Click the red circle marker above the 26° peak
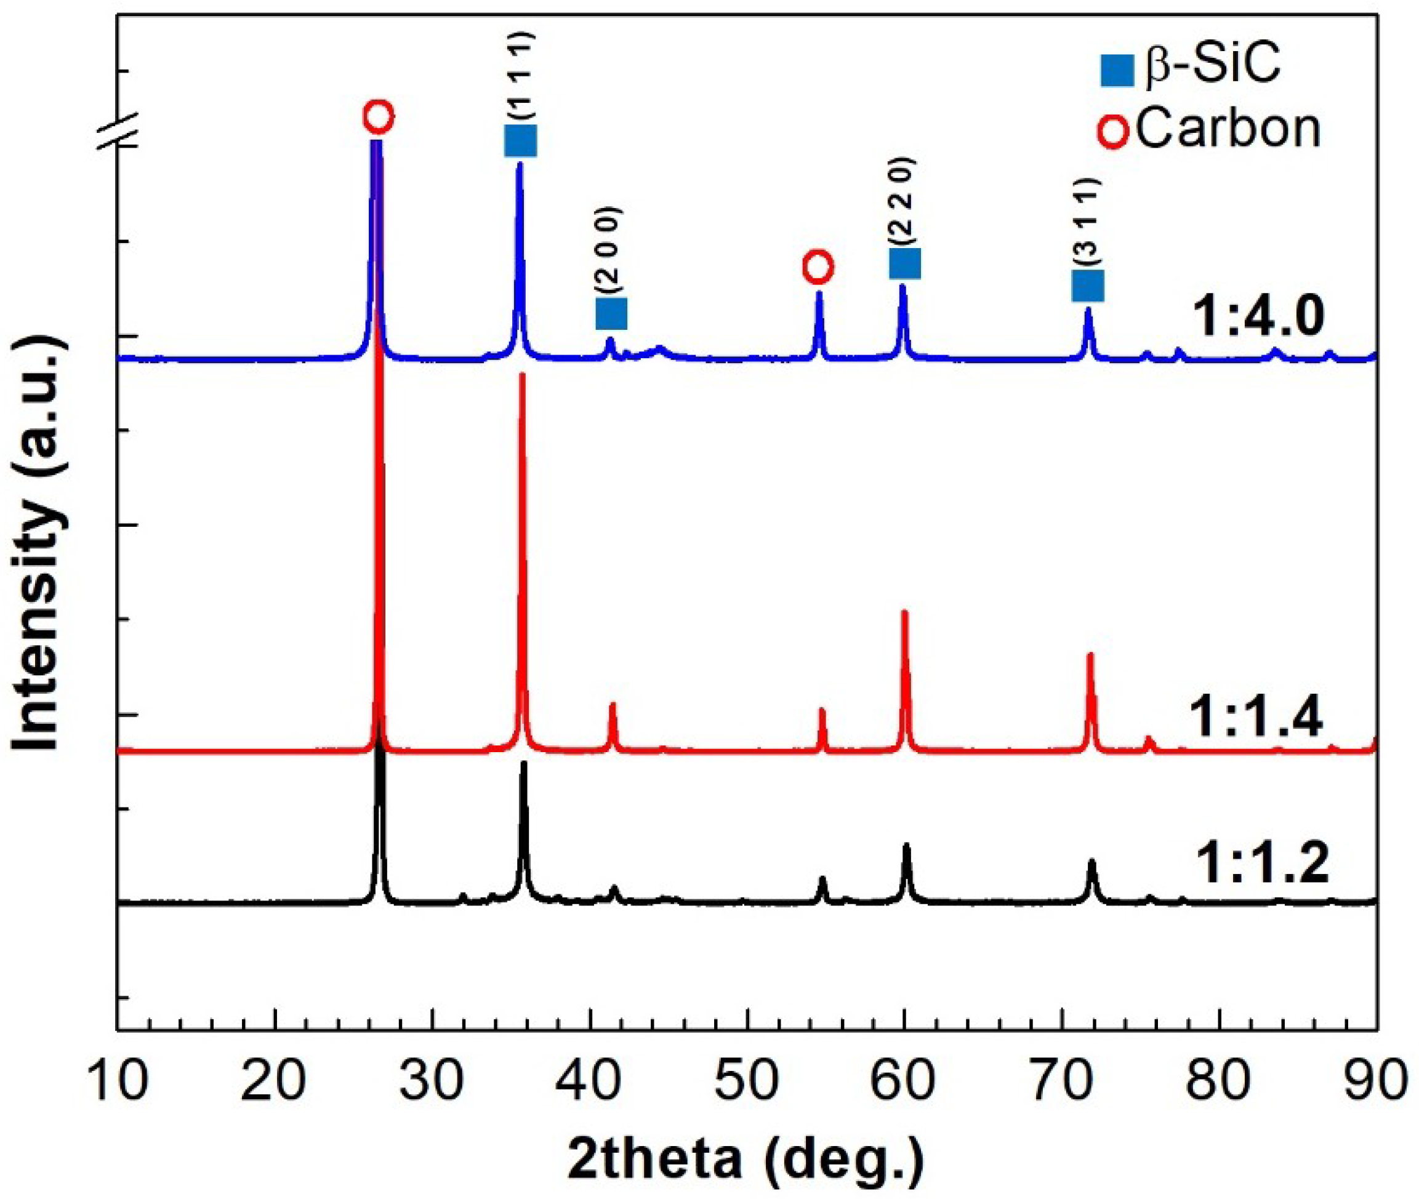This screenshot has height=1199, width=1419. [379, 117]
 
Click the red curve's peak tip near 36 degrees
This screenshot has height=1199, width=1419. [522, 375]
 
